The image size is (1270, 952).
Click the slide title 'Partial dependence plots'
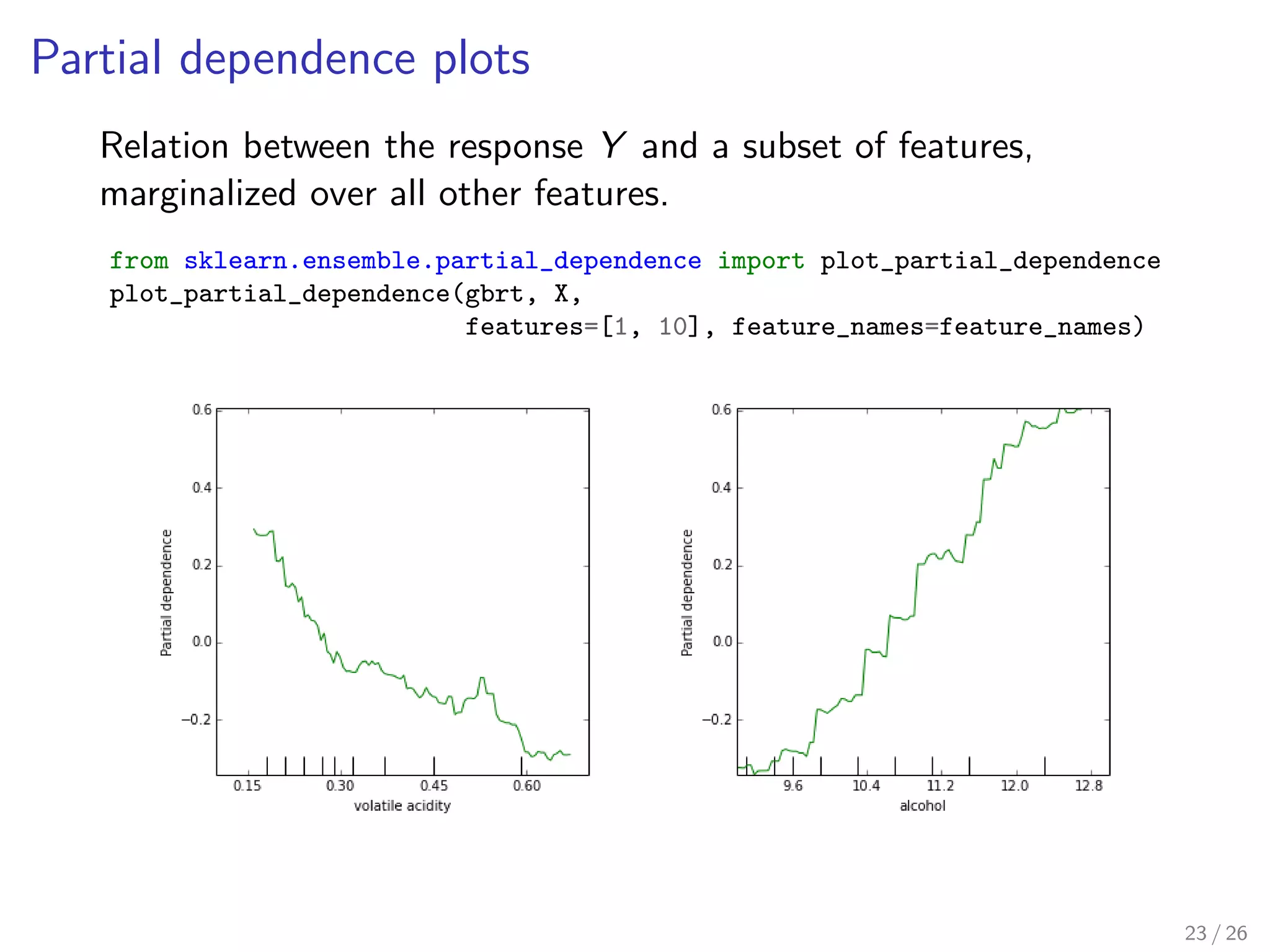click(x=280, y=59)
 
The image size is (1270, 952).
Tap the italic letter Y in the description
click(x=613, y=146)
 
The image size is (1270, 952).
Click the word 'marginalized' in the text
click(x=198, y=194)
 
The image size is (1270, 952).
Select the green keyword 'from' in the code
click(x=139, y=261)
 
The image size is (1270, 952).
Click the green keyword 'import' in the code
click(x=761, y=261)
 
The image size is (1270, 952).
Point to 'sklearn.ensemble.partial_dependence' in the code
click(x=442, y=261)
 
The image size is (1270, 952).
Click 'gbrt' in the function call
click(x=494, y=294)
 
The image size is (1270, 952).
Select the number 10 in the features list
click(x=673, y=327)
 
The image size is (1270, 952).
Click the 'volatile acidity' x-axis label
click(x=402, y=806)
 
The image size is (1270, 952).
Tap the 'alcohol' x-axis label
click(x=923, y=806)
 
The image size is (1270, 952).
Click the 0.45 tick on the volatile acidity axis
click(x=433, y=786)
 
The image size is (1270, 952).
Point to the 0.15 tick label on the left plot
click(x=247, y=786)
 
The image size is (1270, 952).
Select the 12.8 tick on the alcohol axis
click(x=1089, y=786)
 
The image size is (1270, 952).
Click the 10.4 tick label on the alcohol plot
click(x=866, y=786)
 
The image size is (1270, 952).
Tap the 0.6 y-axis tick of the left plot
click(x=202, y=410)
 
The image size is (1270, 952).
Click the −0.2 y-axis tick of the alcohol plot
click(x=717, y=720)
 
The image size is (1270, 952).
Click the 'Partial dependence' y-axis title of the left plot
click(x=166, y=593)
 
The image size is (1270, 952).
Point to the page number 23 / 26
click(x=1215, y=933)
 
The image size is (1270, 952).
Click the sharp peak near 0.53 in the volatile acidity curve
click(x=482, y=678)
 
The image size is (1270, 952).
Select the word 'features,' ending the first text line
click(x=965, y=146)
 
